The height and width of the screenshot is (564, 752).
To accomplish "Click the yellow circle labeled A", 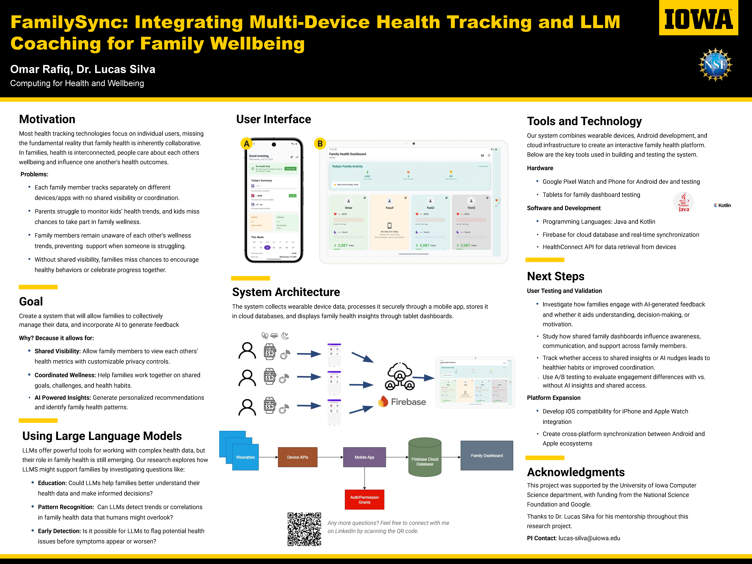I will click(246, 144).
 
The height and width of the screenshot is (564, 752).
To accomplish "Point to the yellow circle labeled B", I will click(320, 144).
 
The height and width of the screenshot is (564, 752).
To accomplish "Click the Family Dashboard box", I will click(487, 456).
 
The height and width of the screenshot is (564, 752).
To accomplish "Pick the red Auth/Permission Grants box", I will click(364, 499).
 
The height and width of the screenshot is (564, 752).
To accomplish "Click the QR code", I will click(304, 529).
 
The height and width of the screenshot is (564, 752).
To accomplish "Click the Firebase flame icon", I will click(383, 401).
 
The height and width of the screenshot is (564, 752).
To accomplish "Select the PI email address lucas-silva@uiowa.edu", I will click(589, 538).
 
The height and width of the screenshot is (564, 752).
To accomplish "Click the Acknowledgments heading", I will click(576, 472).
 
